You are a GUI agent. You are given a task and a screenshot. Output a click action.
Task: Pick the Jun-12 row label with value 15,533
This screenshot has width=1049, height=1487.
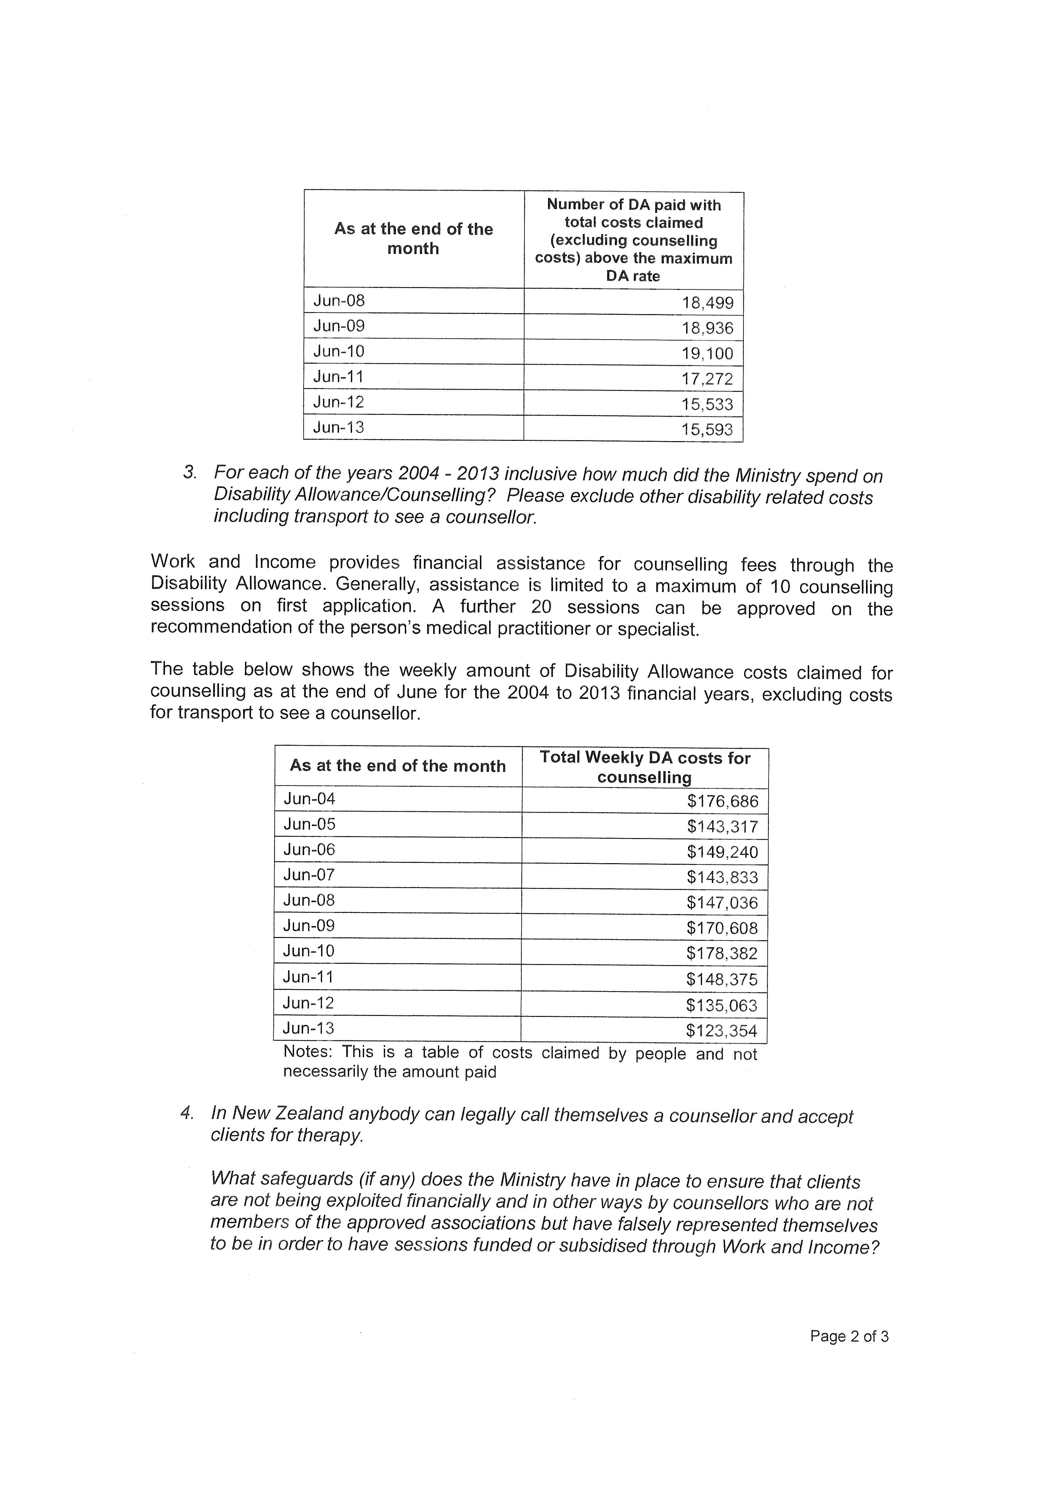pyautogui.click(x=339, y=402)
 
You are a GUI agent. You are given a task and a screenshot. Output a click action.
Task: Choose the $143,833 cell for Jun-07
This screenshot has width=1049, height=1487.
pyautogui.click(x=722, y=877)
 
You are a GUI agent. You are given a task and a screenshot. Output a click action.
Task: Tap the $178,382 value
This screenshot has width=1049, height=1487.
pyautogui.click(x=722, y=953)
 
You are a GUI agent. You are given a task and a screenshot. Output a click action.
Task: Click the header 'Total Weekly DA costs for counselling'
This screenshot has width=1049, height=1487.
pyautogui.click(x=645, y=767)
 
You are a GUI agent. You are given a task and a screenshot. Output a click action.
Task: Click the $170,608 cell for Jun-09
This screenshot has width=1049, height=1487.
pyautogui.click(x=722, y=928)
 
